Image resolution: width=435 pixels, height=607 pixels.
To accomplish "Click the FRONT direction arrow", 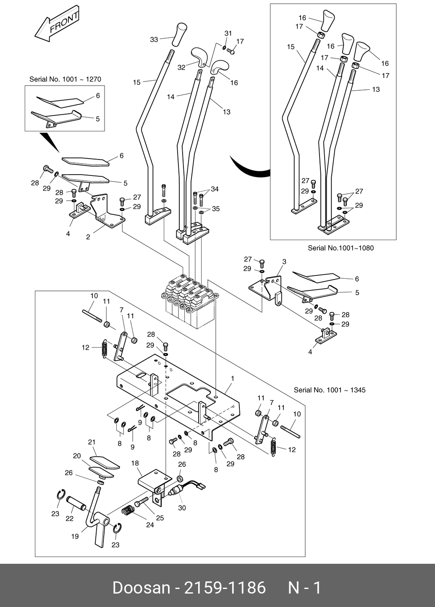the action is (58, 24).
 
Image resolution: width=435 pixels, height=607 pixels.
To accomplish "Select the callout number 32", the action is (181, 67).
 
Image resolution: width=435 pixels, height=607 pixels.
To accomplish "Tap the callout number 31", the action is (228, 33).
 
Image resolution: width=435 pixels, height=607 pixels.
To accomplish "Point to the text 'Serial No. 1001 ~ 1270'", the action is (65, 79).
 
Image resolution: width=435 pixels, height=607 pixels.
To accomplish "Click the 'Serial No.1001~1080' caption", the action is (341, 248).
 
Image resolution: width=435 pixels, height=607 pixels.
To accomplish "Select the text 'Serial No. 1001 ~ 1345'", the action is (330, 390).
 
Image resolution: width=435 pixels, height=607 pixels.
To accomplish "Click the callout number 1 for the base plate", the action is (232, 378).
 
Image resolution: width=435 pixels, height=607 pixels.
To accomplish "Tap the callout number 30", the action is (182, 508).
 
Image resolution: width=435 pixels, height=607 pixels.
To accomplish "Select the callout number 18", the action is (135, 463).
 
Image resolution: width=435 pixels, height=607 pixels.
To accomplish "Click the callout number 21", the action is (92, 442).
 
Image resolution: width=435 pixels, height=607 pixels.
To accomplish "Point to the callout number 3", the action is (284, 262).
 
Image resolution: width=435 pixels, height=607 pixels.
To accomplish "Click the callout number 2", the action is (88, 237).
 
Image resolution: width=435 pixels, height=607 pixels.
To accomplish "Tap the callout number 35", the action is (216, 209).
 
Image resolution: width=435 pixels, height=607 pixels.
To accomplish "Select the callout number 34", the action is (215, 189).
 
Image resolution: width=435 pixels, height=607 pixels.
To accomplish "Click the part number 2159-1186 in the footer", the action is (225, 588).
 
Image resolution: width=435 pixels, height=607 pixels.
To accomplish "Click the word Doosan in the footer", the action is (141, 588).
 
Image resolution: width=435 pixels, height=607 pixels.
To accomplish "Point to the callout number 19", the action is (75, 536).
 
